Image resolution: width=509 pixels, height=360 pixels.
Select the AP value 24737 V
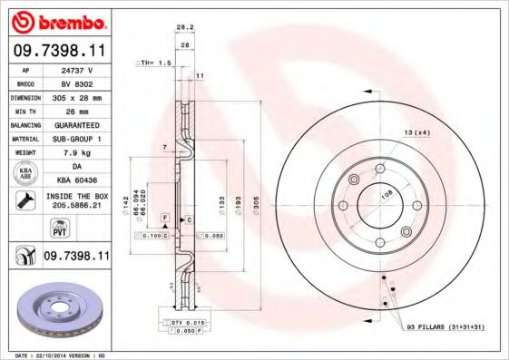pyautogui.click(x=78, y=69)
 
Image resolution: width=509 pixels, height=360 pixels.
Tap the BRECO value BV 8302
pyautogui.click(x=78, y=83)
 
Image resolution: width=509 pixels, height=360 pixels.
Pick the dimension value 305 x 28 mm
pyautogui.click(x=78, y=96)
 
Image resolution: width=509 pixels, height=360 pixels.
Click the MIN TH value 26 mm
pyautogui.click(x=78, y=110)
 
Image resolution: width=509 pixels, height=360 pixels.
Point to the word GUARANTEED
pyautogui.click(x=78, y=123)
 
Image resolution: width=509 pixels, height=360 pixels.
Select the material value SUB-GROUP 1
pyautogui.click(x=78, y=138)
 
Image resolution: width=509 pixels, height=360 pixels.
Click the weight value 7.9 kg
pyautogui.click(x=78, y=151)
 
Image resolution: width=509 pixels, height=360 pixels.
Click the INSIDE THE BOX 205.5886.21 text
pyautogui.click(x=79, y=200)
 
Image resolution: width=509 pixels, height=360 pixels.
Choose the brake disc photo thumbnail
pyautogui.click(x=62, y=311)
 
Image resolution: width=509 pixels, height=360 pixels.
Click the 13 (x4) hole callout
pyautogui.click(x=416, y=132)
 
